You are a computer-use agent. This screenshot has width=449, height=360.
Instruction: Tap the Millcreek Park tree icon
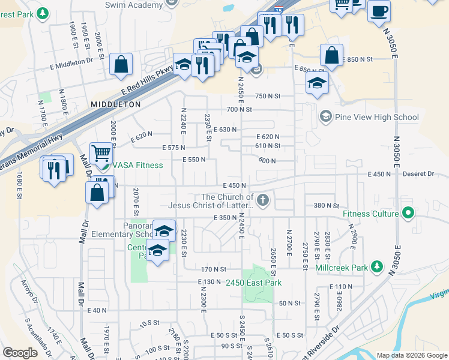click(x=377, y=266)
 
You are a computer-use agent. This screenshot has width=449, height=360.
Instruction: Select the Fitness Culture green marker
click(x=409, y=213)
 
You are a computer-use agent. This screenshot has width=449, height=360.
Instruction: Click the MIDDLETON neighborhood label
click(x=116, y=104)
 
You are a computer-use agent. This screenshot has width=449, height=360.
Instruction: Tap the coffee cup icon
click(x=379, y=11)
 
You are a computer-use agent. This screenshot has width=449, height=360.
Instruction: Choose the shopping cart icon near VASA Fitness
click(x=101, y=154)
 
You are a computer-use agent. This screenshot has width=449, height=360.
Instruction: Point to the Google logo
click(x=20, y=353)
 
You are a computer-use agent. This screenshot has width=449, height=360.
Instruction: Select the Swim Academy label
click(x=134, y=5)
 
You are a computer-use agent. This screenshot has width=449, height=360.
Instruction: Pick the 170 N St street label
click(x=214, y=269)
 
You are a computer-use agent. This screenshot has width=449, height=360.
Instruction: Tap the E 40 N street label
click(x=97, y=310)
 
